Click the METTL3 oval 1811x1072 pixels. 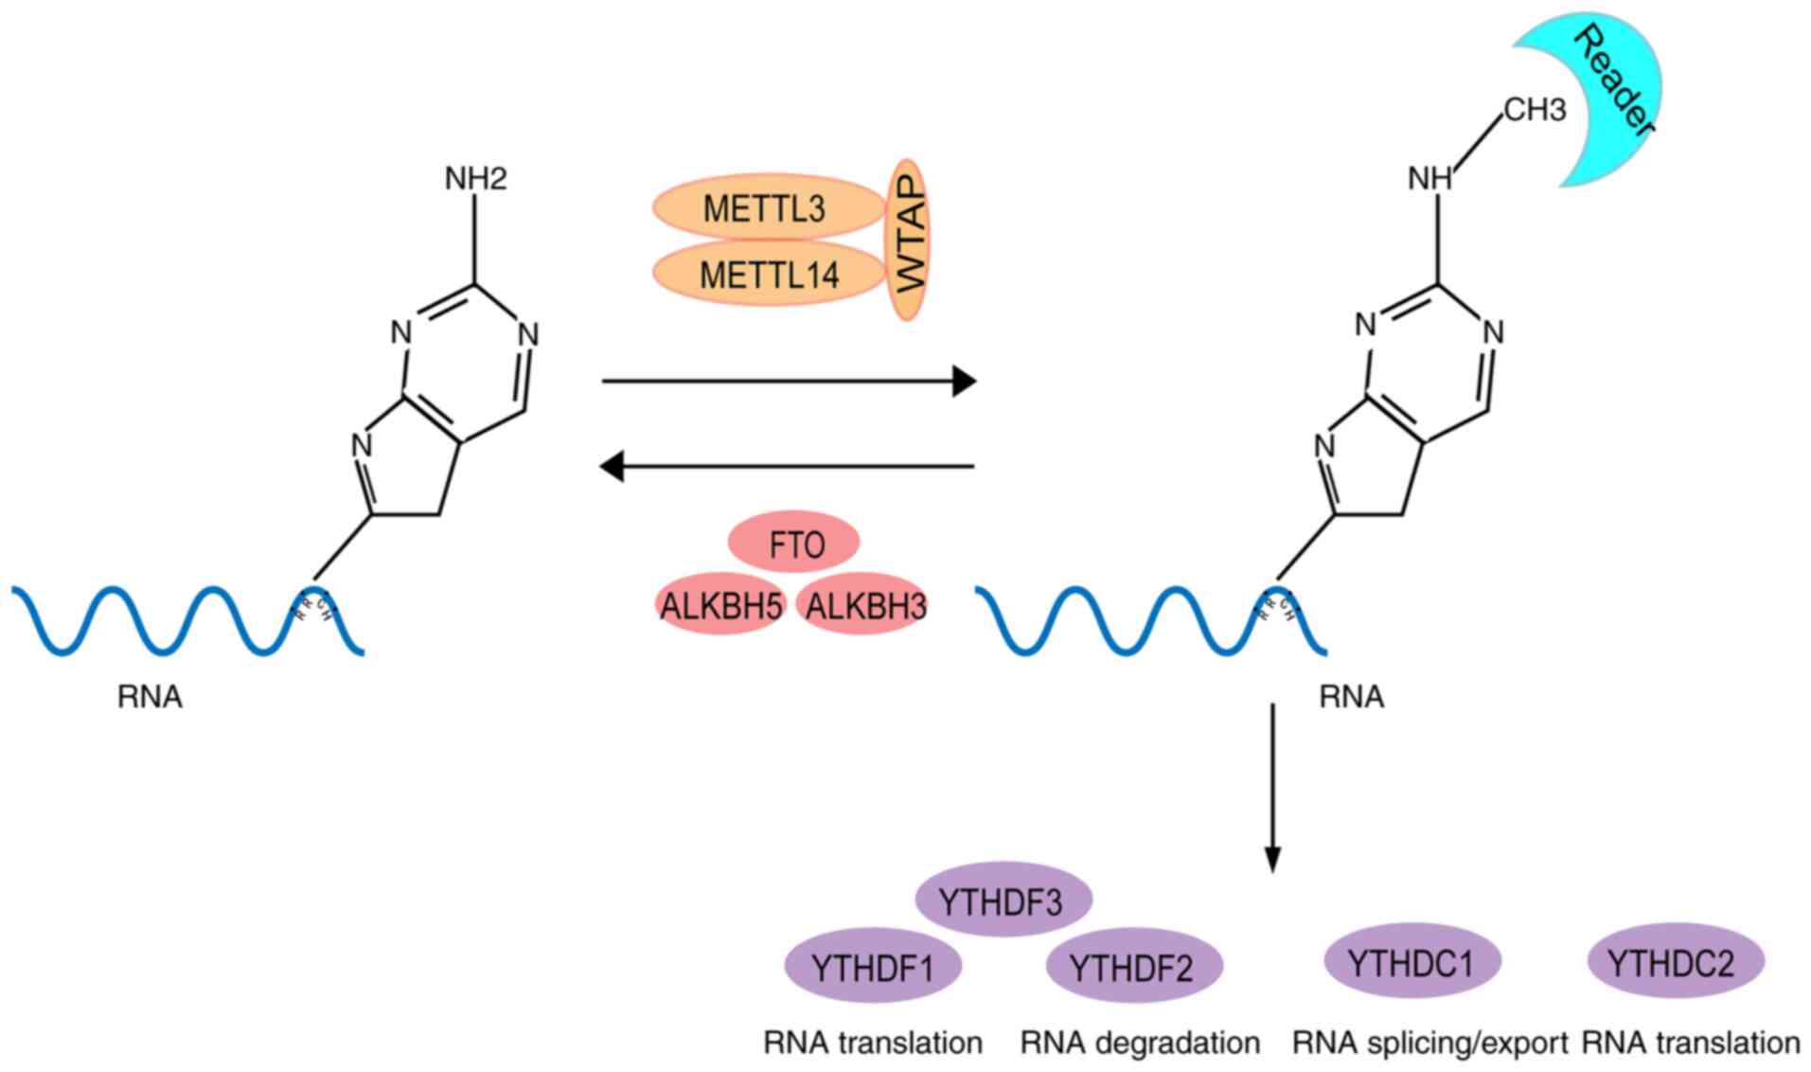tap(765, 207)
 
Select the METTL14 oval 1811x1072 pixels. tap(769, 275)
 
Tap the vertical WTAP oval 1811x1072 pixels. tap(909, 240)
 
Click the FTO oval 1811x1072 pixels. tap(794, 544)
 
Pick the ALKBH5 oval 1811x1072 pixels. tap(721, 605)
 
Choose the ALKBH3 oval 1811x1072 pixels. tap(863, 605)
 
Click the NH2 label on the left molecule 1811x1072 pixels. tap(475, 177)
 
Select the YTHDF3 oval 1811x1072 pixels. tap(1002, 901)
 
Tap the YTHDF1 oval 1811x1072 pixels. tap(873, 967)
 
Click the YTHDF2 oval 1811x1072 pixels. tap(1132, 967)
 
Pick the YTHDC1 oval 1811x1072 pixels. tap(1411, 962)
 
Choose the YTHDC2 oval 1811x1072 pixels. tap(1674, 962)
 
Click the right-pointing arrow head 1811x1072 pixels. tap(964, 382)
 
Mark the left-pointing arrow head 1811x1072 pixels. tap(613, 466)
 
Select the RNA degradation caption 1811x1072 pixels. tap(1140, 1043)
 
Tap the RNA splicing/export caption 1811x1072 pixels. tap(1429, 1043)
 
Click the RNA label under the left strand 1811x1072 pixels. tap(150, 696)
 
